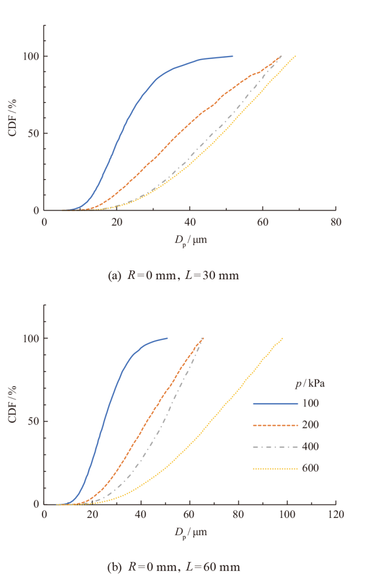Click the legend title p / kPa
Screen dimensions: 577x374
(x=313, y=383)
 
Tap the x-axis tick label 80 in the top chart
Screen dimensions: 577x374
(x=336, y=222)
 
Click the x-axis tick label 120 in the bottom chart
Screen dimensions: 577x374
(x=336, y=516)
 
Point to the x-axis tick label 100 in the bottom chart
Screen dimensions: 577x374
(x=288, y=516)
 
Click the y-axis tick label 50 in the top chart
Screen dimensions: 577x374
(x=33, y=133)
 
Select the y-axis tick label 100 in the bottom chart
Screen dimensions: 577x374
(x=31, y=338)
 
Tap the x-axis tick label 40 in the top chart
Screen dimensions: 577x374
(x=190, y=222)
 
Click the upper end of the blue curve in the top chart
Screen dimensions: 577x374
(x=232, y=56)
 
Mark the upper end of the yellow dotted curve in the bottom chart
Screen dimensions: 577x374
(x=283, y=338)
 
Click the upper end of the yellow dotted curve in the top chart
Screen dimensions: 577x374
(x=296, y=56)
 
